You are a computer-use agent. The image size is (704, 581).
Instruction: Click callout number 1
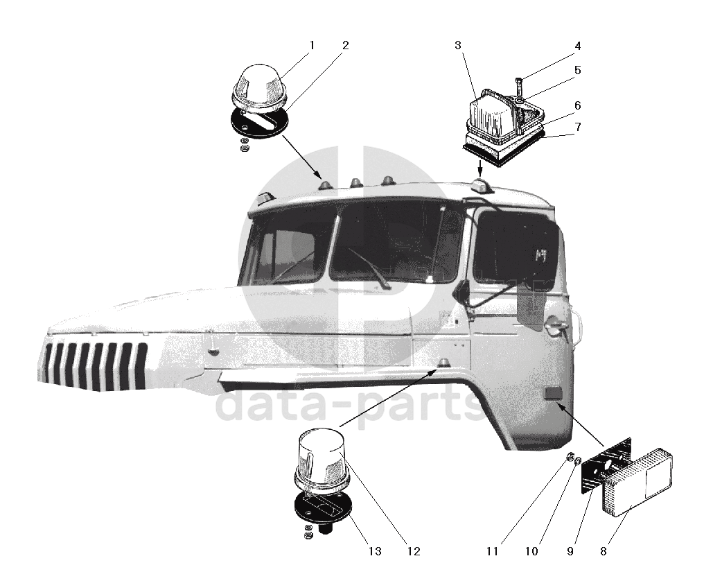coord(312,45)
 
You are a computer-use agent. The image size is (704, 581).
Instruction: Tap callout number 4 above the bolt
coord(577,46)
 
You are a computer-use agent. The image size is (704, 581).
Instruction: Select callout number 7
coord(577,127)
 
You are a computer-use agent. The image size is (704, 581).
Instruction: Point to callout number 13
coord(375,552)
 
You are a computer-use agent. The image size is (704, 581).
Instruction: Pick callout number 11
coord(492,552)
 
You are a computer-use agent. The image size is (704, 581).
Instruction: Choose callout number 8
coord(604,552)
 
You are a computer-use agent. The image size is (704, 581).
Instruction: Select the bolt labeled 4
coord(518,87)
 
